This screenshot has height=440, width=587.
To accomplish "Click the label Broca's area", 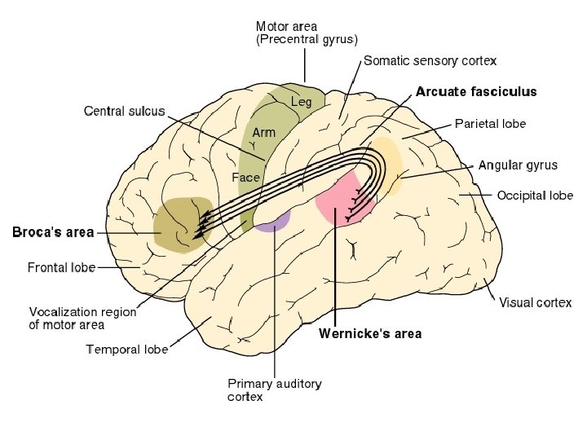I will [x=53, y=232].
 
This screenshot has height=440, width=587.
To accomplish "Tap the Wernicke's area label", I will [x=370, y=333].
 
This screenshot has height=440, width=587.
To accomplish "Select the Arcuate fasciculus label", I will [x=476, y=92].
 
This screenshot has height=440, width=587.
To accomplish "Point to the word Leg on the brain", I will [x=302, y=102].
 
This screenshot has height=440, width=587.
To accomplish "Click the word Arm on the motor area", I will [x=263, y=132].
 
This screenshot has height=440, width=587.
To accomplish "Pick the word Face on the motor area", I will [x=245, y=177].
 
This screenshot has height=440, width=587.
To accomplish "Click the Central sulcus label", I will [x=125, y=111].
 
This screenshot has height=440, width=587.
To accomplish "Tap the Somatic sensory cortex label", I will [x=430, y=60].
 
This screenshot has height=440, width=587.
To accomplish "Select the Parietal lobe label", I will [x=489, y=124].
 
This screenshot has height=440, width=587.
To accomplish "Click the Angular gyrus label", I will [x=518, y=165].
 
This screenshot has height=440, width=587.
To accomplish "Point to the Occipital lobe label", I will [x=535, y=196].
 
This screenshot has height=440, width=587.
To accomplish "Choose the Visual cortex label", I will [x=535, y=302].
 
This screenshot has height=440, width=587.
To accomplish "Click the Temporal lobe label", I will [x=127, y=350].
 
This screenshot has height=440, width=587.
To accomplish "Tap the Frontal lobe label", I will [x=61, y=266].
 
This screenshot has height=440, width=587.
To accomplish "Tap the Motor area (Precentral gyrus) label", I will [x=307, y=32].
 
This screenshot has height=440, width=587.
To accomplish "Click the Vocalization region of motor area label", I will [x=82, y=318].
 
